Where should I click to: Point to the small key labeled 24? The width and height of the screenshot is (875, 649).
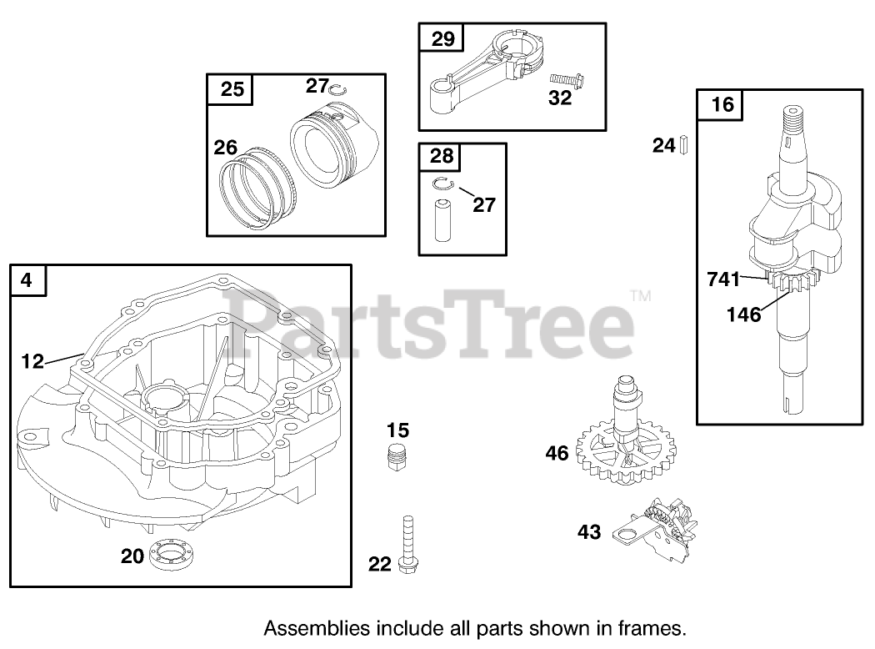(x=684, y=146)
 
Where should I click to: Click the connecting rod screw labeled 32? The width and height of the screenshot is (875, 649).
(x=570, y=81)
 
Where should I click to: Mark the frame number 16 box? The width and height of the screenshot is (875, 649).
(x=723, y=105)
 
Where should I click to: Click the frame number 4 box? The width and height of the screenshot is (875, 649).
(x=28, y=281)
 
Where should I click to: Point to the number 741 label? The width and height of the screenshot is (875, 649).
(x=723, y=279)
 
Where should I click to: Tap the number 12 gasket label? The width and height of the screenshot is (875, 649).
(x=32, y=361)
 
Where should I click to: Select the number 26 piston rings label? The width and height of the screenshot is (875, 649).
(x=226, y=148)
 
